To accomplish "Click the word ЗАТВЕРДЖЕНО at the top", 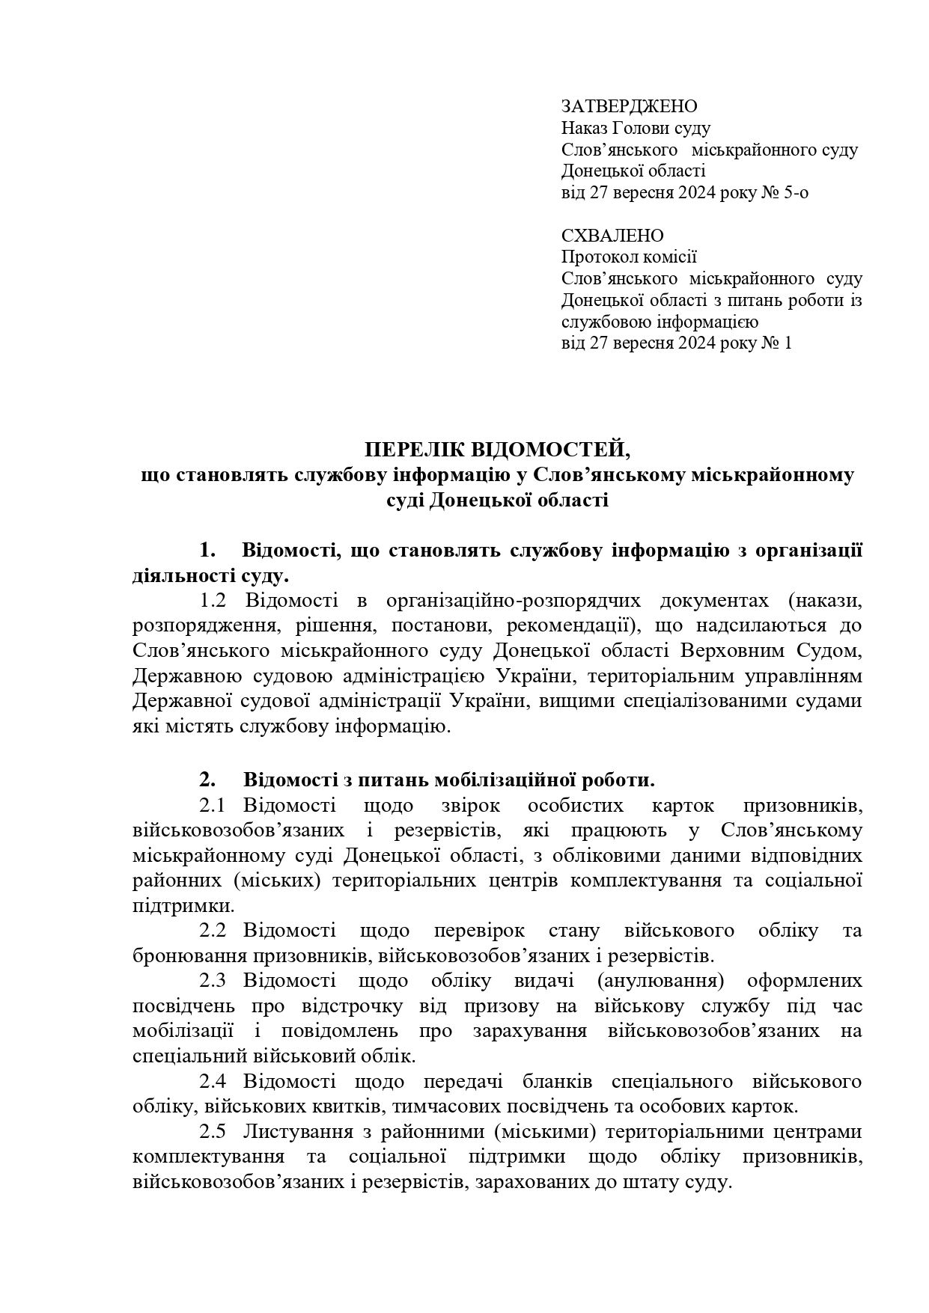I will coord(629,106).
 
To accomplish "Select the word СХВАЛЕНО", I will coord(612,236).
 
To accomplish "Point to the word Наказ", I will coord(585,128).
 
